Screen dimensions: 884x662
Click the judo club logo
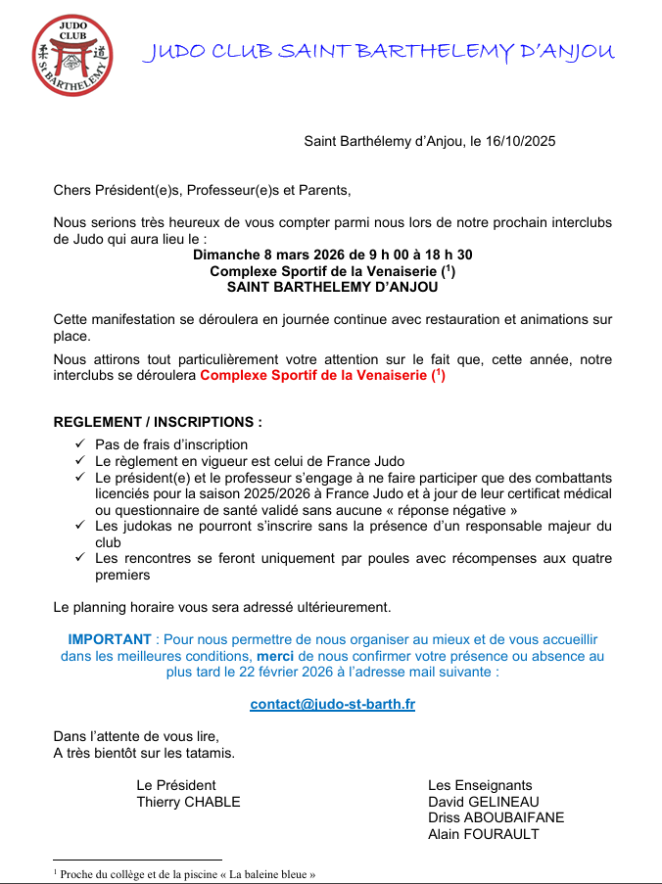[71, 55]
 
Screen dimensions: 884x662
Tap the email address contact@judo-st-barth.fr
[332, 704]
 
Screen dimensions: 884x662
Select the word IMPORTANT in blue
[110, 639]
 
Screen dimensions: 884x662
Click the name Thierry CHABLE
[188, 802]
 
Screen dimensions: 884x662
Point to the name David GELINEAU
[484, 802]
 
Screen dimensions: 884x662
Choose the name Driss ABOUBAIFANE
[496, 817]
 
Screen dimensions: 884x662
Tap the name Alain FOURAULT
[483, 834]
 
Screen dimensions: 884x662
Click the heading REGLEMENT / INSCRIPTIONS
[158, 423]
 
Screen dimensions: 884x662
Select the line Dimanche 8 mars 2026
[332, 255]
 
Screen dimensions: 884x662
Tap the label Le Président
[176, 785]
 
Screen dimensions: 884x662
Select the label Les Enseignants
[480, 785]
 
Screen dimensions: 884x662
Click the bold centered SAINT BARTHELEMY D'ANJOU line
[332, 288]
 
